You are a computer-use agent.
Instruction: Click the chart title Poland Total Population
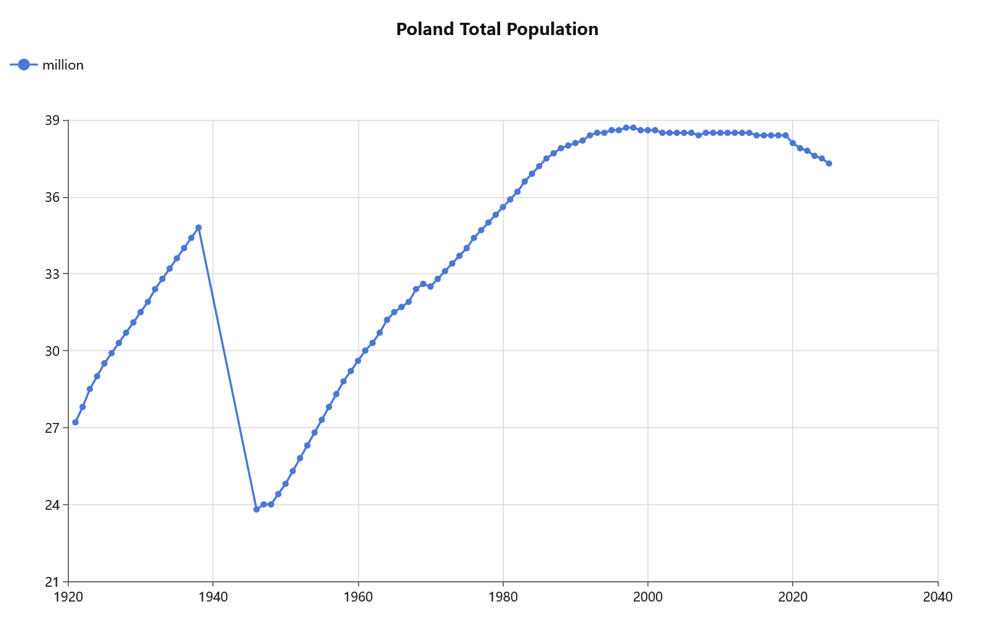[x=497, y=29]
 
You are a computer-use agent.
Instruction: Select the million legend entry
[x=46, y=65]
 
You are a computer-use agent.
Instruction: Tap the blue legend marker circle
[x=24, y=65]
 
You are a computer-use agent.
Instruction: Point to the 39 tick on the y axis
[x=52, y=120]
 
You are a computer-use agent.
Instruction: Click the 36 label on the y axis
[x=52, y=197]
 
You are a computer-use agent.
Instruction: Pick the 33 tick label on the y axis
[x=52, y=274]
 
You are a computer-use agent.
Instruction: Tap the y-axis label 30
[x=52, y=351]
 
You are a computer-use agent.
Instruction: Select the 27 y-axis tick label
[x=52, y=428]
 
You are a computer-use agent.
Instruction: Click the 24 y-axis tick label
[x=52, y=505]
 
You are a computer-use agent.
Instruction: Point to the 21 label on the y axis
[x=52, y=582]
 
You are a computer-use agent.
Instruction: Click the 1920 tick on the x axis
[x=68, y=597]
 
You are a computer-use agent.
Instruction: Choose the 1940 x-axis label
[x=213, y=597]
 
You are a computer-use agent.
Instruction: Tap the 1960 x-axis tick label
[x=358, y=597]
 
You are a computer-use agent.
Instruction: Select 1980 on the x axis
[x=503, y=597]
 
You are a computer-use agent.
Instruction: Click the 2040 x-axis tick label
[x=938, y=597]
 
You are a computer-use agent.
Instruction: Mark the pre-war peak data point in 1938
[x=199, y=228]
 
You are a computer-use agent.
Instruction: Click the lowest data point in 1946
[x=257, y=509]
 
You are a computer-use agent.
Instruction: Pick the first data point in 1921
[x=75, y=422]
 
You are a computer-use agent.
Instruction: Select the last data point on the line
[x=829, y=164]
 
